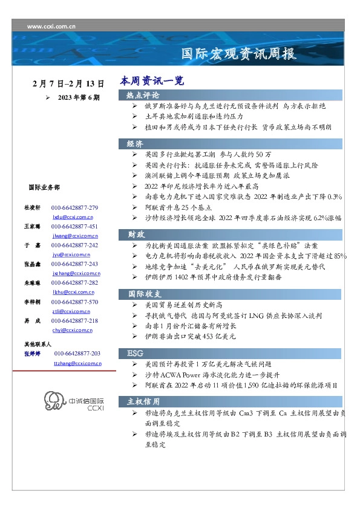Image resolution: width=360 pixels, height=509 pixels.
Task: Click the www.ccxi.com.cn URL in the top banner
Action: coord(51,27)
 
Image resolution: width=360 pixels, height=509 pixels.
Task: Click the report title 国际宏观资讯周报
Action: coord(239,54)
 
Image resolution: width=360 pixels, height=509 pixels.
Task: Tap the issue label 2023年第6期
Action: coord(79,97)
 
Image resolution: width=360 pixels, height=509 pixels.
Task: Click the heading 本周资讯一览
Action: coord(151,80)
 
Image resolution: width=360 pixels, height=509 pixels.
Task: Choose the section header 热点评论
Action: coord(143,95)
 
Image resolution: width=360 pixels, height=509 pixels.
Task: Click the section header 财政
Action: coord(135,234)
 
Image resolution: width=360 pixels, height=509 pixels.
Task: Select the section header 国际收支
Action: coord(143,293)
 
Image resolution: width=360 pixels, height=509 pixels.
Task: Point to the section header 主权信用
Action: coord(143,401)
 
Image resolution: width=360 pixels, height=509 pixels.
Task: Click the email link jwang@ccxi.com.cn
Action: coord(76,236)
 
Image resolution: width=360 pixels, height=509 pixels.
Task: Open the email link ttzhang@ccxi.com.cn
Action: coord(77,363)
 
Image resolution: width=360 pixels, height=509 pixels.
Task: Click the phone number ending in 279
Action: coord(74,207)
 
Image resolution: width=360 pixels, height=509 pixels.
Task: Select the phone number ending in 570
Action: coord(74,302)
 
